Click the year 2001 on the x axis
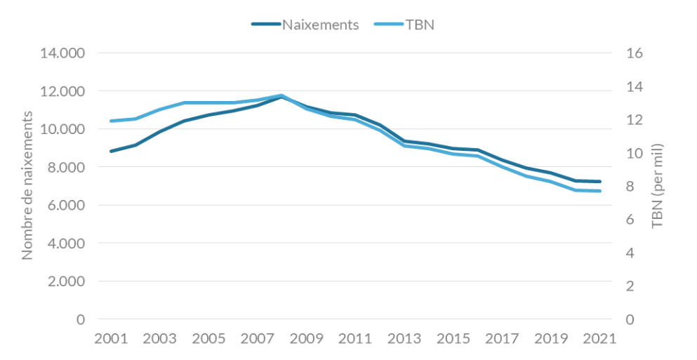111,338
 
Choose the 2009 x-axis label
306,338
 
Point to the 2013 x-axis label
404,338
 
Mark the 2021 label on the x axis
599,338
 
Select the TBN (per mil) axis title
658,186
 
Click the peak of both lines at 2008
281,96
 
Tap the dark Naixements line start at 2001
111,151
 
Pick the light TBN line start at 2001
111,121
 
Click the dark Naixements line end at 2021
599,182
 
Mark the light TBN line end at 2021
599,191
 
